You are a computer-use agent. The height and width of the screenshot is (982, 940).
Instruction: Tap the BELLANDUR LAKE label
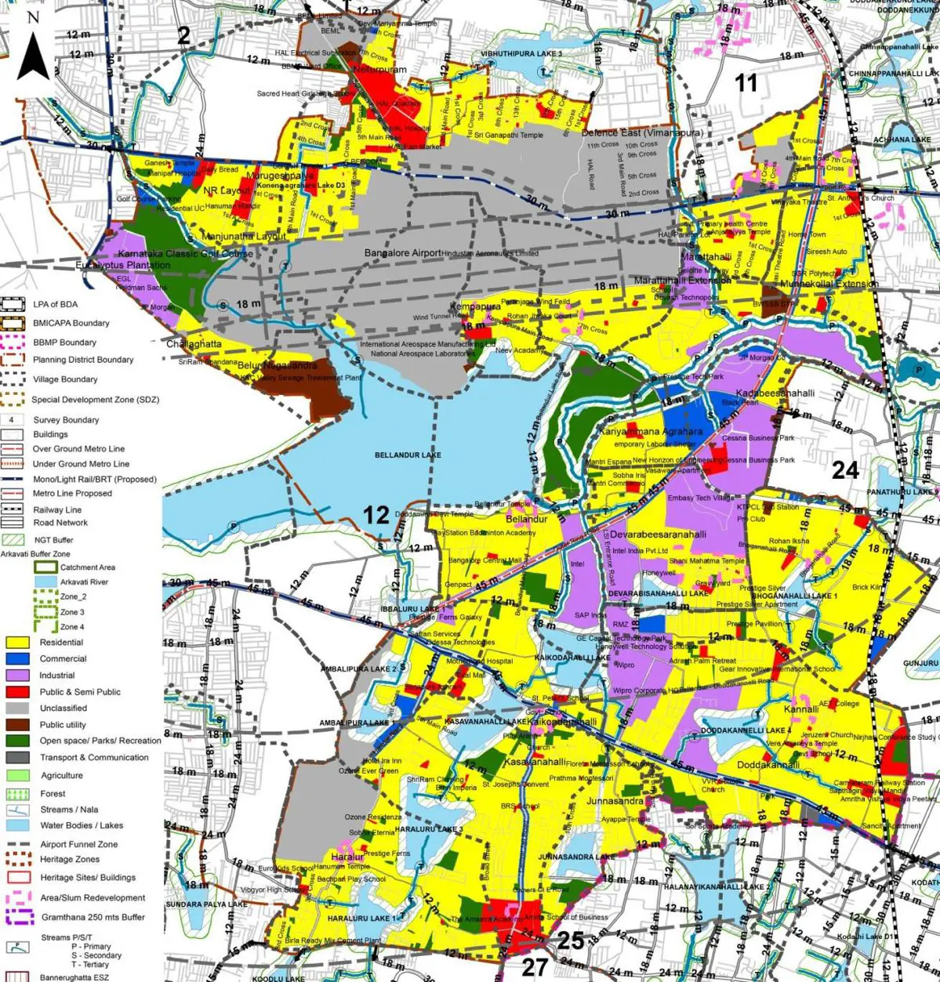pyautogui.click(x=408, y=455)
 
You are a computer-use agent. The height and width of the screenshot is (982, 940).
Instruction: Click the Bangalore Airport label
pyautogui.click(x=403, y=253)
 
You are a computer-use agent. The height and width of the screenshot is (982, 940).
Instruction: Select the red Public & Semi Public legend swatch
pyautogui.click(x=18, y=692)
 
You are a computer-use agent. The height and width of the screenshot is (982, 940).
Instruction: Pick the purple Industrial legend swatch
pyautogui.click(x=18, y=676)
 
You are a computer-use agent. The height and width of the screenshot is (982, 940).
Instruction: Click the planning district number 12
pyautogui.click(x=376, y=515)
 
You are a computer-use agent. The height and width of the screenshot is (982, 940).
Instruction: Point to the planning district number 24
pyautogui.click(x=845, y=470)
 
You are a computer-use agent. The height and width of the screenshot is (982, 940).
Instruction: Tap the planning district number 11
pyautogui.click(x=746, y=82)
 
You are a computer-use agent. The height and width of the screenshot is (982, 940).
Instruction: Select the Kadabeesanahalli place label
pyautogui.click(x=775, y=393)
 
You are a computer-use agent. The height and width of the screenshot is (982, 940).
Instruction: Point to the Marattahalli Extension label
pyautogui.click(x=682, y=280)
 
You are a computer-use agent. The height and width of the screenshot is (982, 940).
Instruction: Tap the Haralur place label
pyautogui.click(x=347, y=857)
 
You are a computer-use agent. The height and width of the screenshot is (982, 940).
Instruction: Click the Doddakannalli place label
pyautogui.click(x=768, y=765)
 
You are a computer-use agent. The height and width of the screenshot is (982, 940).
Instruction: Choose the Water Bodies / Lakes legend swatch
pyautogui.click(x=18, y=825)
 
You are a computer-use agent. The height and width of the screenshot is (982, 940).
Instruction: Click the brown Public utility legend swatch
pyautogui.click(x=18, y=725)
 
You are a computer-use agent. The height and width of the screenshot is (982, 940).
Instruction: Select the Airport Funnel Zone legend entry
pyautogui.click(x=78, y=844)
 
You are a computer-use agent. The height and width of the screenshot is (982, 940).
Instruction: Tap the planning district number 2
pyautogui.click(x=184, y=35)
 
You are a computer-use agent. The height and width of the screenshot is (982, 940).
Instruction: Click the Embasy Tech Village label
pyautogui.click(x=701, y=498)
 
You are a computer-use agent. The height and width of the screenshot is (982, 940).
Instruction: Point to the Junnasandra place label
pyautogui.click(x=615, y=801)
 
